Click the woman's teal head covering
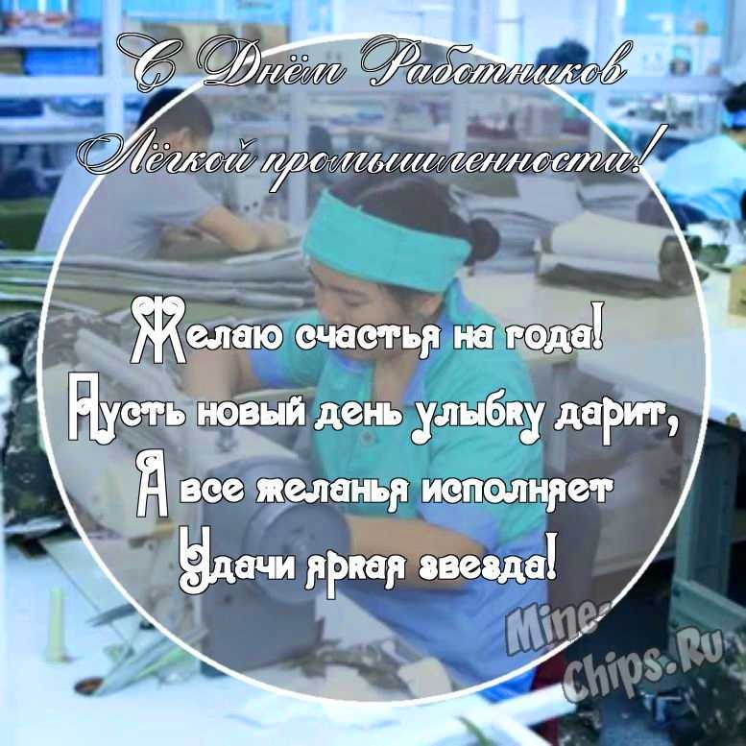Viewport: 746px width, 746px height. coord(385,242)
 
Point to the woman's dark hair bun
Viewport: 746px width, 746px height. coord(482,239)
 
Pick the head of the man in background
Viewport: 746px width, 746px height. coord(177,119)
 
